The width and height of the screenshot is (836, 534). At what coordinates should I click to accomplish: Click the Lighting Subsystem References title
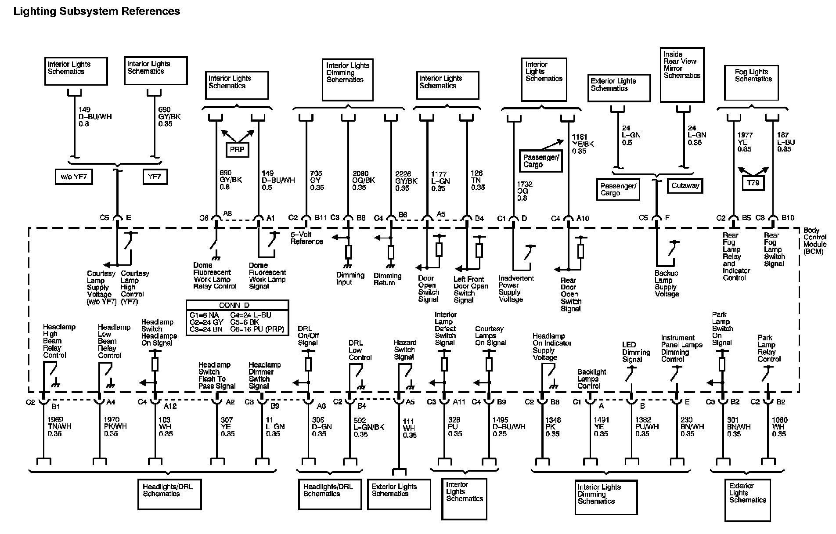[97, 11]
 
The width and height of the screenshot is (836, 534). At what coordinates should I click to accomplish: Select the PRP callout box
[237, 149]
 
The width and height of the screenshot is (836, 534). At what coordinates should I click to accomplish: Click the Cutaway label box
[685, 186]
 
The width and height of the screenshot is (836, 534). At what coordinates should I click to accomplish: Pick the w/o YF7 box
[74, 177]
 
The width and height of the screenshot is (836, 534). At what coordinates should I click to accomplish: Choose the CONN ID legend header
[237, 305]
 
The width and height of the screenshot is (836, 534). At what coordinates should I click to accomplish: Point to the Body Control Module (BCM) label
[815, 241]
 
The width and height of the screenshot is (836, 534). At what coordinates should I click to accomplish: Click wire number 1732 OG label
[522, 191]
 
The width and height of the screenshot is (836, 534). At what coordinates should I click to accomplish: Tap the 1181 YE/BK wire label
[582, 144]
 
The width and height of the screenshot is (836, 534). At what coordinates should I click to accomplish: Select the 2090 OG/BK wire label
[363, 180]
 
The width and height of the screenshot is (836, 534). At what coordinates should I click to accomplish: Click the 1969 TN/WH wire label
[59, 427]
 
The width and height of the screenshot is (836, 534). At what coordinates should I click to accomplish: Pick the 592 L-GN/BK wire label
[369, 427]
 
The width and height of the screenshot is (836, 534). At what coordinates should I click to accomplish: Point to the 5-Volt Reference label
[306, 238]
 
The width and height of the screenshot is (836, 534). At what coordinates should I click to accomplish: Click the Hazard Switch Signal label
[405, 350]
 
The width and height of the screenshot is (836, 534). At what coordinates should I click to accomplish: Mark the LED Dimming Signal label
[635, 352]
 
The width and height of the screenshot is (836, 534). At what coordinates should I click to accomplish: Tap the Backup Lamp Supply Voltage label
[667, 284]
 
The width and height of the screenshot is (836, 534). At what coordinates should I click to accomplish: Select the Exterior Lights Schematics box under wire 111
[399, 494]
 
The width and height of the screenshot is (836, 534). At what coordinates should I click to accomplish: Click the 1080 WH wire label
[779, 427]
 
